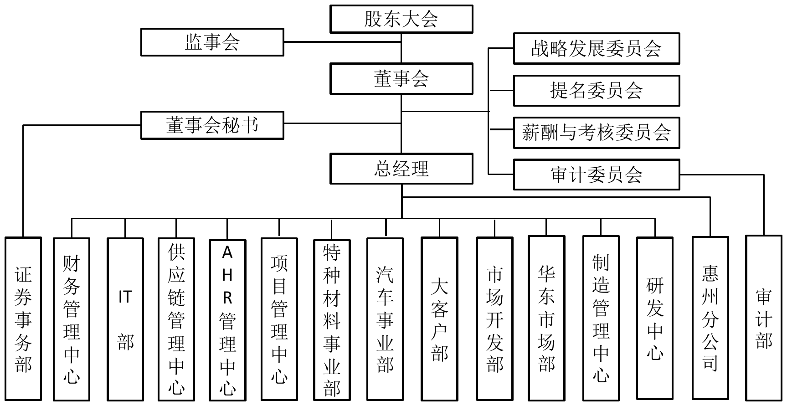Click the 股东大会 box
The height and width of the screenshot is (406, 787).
[x=401, y=19]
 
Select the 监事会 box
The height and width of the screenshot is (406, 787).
[x=212, y=42]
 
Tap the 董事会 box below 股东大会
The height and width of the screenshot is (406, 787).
[x=401, y=79]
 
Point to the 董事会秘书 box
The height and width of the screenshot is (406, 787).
[x=212, y=125]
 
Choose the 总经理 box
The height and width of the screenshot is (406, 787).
[x=401, y=169]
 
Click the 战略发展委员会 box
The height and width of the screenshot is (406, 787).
[x=596, y=48]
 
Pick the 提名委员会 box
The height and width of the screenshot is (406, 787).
[x=596, y=91]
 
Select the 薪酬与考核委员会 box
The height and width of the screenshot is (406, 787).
[x=596, y=133]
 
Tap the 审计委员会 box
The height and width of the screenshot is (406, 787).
[x=596, y=175]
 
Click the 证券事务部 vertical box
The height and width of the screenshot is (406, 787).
[x=23, y=319]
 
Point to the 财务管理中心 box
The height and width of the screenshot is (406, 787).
[x=72, y=319]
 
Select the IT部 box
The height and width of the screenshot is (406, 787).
[x=125, y=319]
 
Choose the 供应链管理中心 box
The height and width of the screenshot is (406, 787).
[x=176, y=319]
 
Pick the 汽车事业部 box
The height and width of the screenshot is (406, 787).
[x=385, y=319]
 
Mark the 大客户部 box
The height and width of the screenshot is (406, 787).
[x=439, y=319]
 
